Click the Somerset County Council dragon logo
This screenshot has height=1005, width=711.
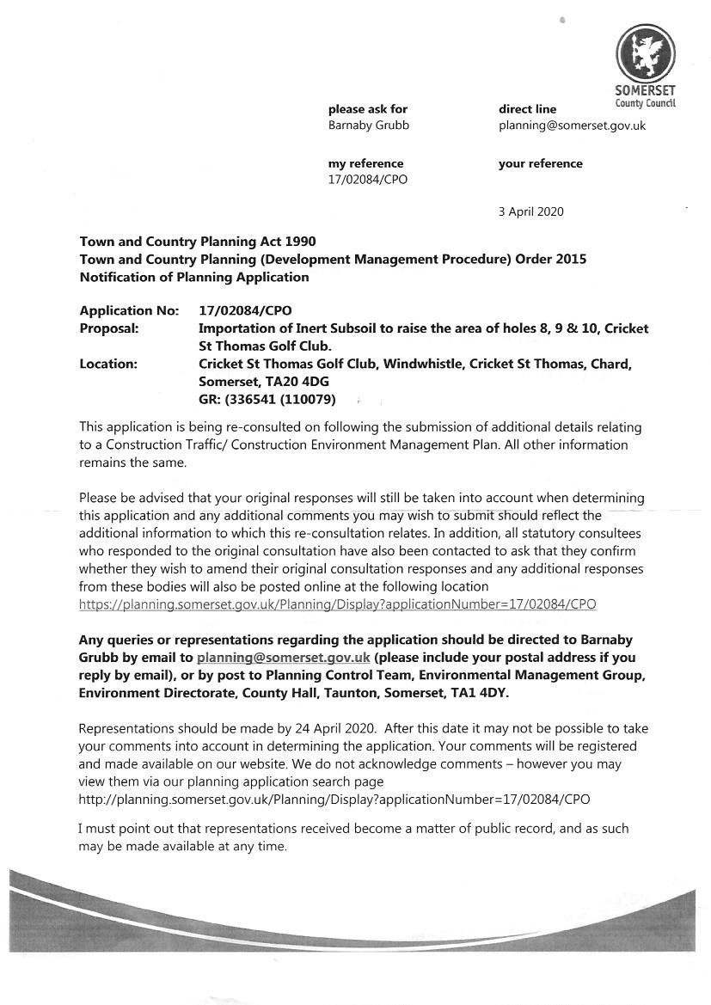[x=645, y=53]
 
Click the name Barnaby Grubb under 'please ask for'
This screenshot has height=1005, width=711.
[x=368, y=126]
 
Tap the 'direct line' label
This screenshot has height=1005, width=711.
[x=527, y=109]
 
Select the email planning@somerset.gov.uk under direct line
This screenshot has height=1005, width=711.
[x=572, y=126]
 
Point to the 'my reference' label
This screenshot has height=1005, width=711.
[x=365, y=163]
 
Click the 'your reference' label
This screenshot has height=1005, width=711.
[x=540, y=163]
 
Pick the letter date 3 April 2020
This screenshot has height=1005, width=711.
[x=530, y=211]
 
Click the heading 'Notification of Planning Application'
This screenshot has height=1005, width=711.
[x=193, y=277]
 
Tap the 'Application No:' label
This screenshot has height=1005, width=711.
[x=129, y=310]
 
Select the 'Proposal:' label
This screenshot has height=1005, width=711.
[x=108, y=328]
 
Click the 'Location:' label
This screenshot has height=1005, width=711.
[x=108, y=364]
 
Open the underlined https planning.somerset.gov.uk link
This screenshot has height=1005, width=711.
[x=337, y=604]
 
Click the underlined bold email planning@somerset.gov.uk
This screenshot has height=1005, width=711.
[x=283, y=658]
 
